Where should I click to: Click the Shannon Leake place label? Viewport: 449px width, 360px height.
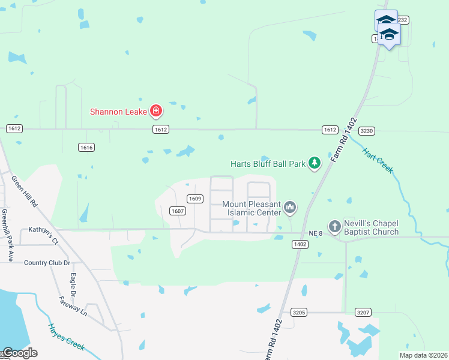(x=119, y=111)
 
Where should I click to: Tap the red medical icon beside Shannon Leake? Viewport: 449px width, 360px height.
(x=156, y=110)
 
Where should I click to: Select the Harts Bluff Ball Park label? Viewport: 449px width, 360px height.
(x=268, y=163)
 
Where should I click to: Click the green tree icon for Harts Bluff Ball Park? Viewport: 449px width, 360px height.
(x=314, y=163)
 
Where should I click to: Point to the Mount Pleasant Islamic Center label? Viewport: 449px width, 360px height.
(x=252, y=208)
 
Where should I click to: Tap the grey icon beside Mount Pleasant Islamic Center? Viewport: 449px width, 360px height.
(x=290, y=208)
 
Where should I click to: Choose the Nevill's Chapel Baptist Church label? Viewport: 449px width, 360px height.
(x=371, y=227)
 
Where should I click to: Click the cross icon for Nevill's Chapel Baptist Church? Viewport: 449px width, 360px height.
(x=335, y=226)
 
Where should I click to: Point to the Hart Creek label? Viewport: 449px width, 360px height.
(x=378, y=160)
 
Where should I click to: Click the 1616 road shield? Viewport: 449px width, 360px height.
(x=86, y=147)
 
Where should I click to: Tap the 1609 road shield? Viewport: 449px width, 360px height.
(x=194, y=199)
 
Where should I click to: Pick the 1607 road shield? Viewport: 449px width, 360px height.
(x=177, y=211)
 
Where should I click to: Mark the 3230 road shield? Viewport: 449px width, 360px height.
(x=366, y=130)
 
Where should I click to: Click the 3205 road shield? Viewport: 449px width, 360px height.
(x=300, y=313)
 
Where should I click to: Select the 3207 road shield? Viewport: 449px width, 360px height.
(x=363, y=313)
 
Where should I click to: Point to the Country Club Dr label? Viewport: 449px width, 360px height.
(x=47, y=263)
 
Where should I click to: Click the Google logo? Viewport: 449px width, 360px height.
(x=19, y=352)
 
